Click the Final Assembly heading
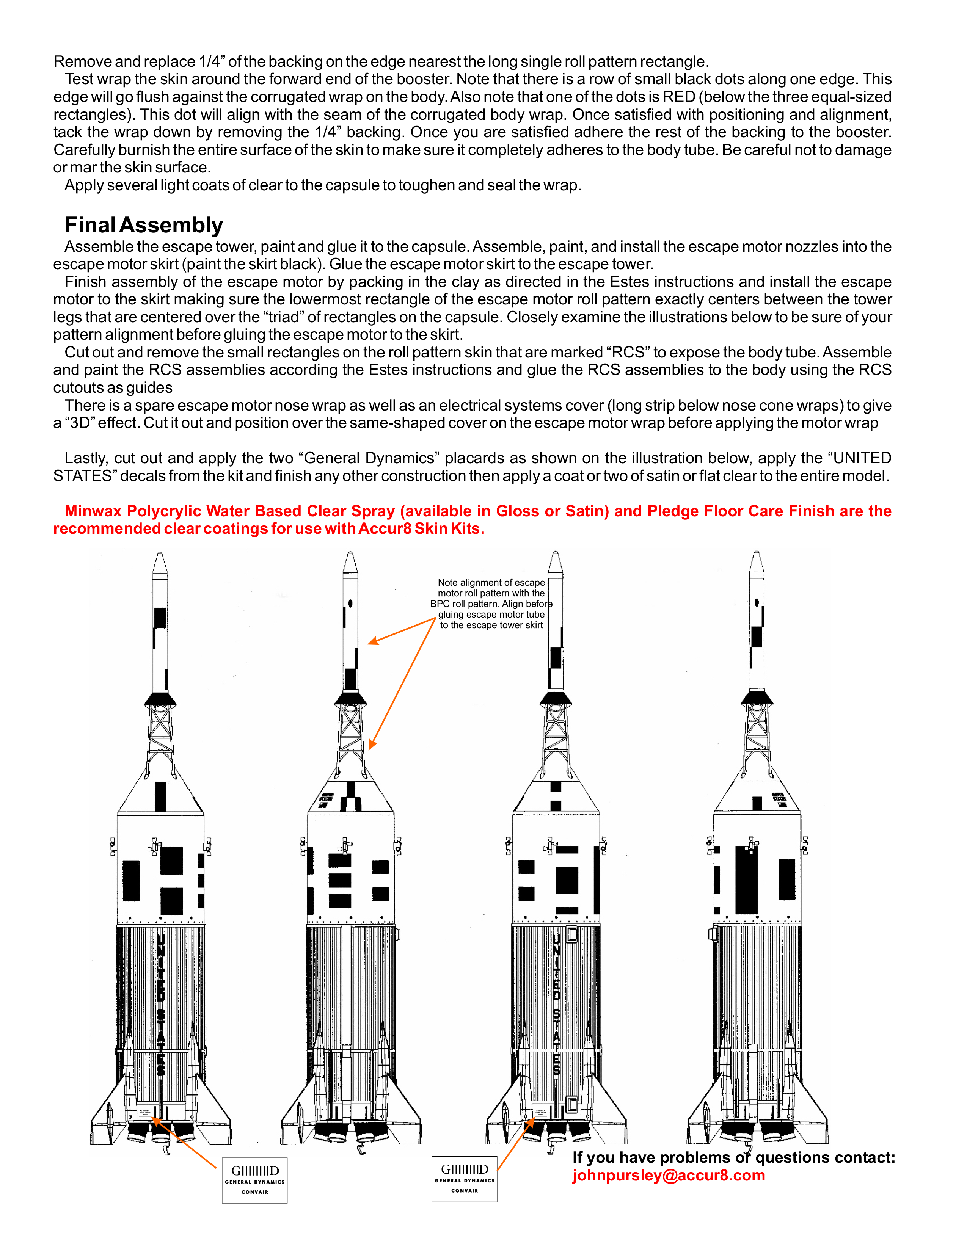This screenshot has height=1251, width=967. coord(143,225)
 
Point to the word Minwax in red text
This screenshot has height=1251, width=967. coord(92,511)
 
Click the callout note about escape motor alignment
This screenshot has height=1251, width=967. coord(491,604)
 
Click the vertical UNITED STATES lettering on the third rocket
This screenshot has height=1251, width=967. coord(556,1002)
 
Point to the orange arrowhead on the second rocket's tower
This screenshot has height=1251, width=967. coord(372,745)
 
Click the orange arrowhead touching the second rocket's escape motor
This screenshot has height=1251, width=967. coord(373,641)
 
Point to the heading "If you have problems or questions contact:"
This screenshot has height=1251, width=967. coord(733,1158)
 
